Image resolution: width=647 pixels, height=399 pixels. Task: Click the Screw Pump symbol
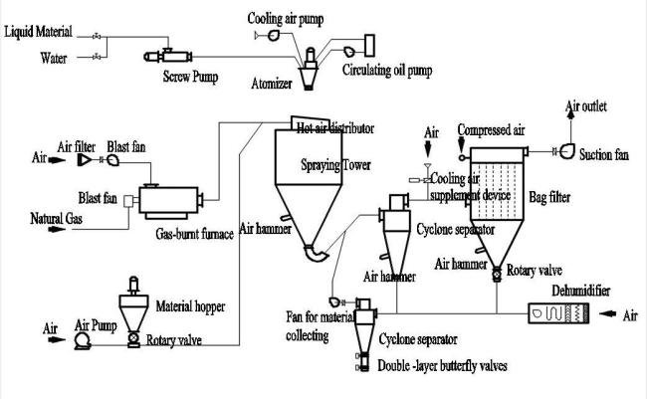(x=168, y=56)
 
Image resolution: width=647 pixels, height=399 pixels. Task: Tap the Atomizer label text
(x=272, y=84)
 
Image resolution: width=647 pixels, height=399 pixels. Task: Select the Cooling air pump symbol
(x=273, y=35)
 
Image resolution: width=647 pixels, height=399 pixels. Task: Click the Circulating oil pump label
(x=387, y=70)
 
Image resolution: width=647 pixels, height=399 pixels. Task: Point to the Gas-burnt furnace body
(x=168, y=201)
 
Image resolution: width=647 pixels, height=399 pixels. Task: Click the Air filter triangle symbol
(x=85, y=159)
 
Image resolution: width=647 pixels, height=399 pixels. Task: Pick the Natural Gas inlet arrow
(x=57, y=229)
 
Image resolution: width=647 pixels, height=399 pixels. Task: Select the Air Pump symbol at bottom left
(x=83, y=341)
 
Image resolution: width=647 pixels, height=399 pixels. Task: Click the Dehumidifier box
(x=558, y=313)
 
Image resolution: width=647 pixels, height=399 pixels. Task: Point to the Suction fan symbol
(x=567, y=151)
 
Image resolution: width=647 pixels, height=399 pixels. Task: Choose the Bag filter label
(x=549, y=197)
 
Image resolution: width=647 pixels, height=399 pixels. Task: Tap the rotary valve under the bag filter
(x=497, y=273)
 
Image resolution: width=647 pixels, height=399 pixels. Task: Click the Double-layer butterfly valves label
(x=442, y=366)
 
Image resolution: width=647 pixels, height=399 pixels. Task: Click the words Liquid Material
(x=38, y=32)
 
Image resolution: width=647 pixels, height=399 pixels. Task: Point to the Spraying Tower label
(x=335, y=165)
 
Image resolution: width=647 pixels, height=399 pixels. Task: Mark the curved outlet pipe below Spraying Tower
(x=317, y=253)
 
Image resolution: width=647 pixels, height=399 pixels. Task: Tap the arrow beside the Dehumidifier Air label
(x=607, y=314)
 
